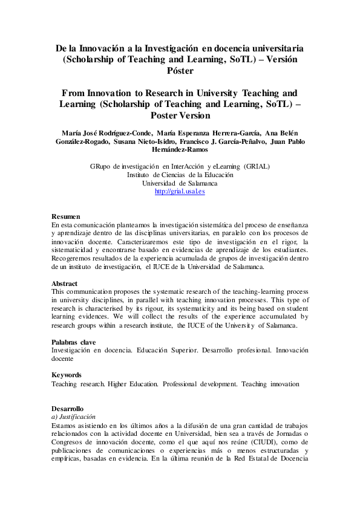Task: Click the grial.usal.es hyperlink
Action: (180, 192)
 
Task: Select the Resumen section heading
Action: (65, 216)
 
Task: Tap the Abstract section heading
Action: (65, 284)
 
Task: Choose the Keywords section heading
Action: (67, 375)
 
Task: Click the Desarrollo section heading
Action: (68, 409)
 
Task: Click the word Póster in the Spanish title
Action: (180, 70)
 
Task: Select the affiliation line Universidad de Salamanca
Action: (180, 183)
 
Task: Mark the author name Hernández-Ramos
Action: (180, 150)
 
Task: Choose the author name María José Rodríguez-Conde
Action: (103, 133)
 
